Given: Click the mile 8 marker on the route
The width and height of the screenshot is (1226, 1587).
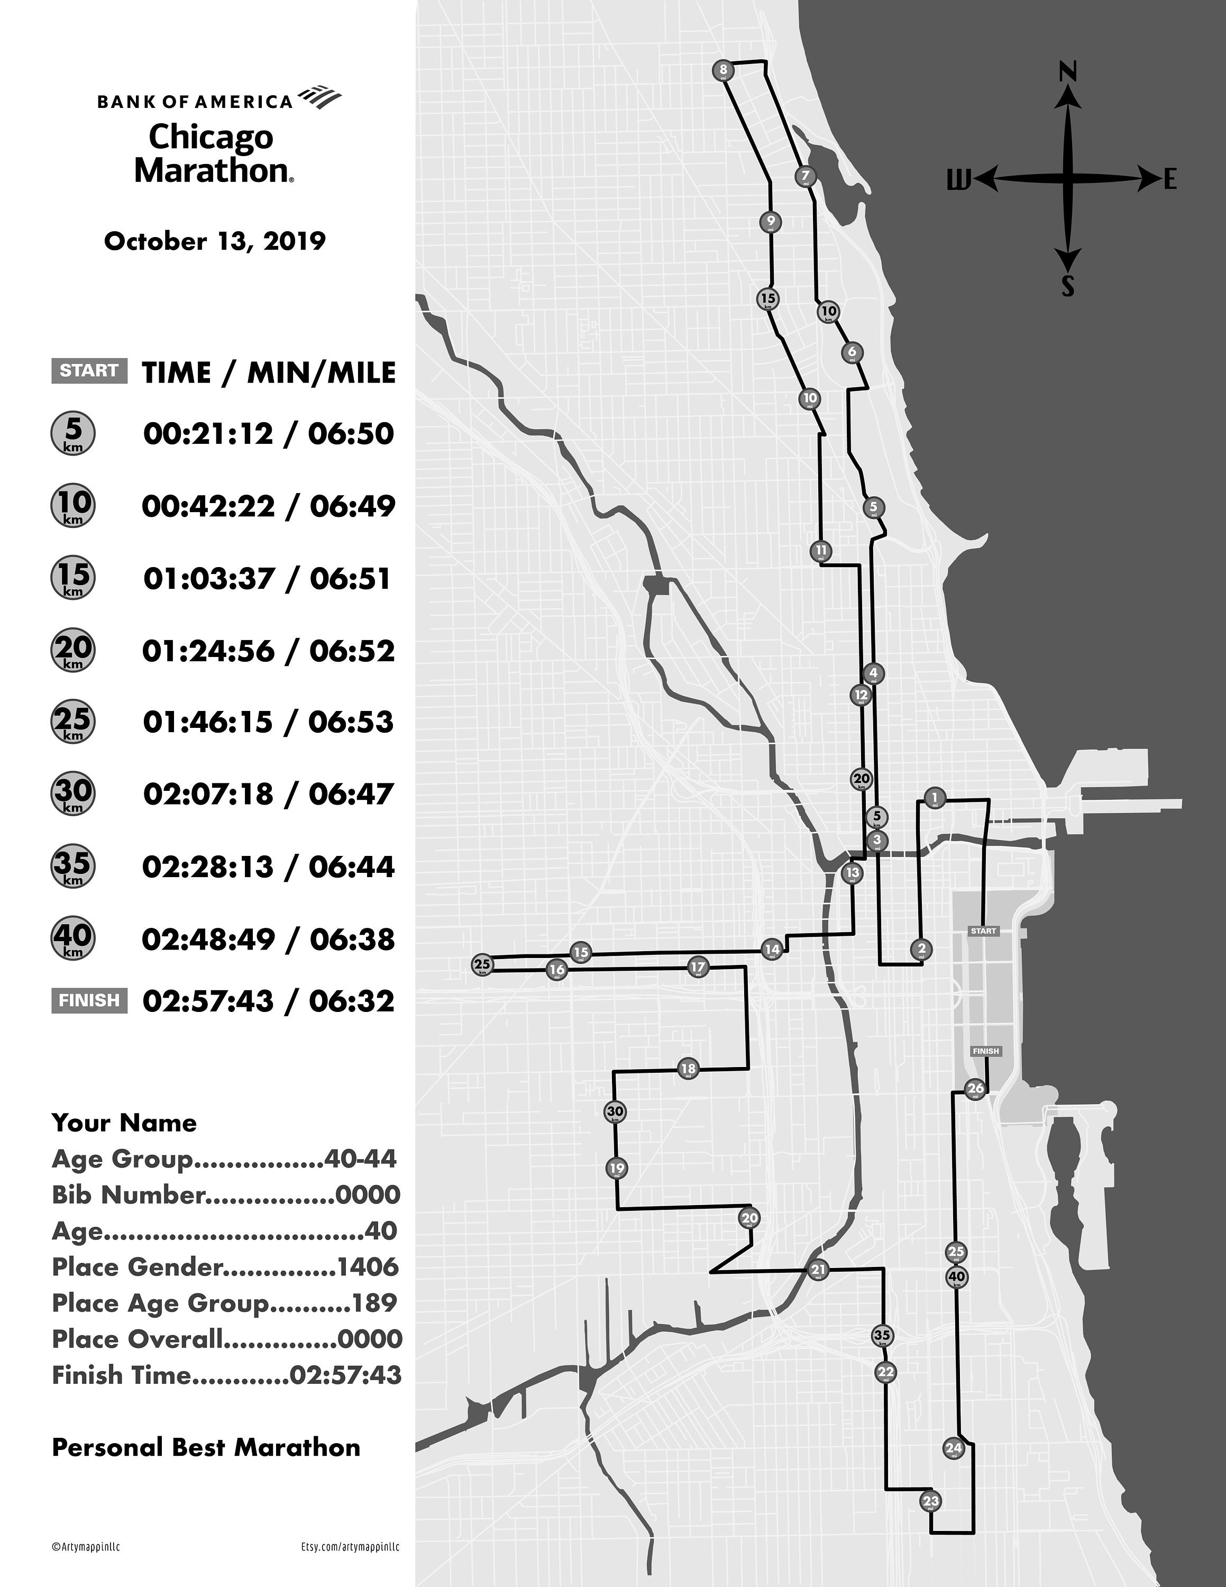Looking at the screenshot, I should (x=722, y=70).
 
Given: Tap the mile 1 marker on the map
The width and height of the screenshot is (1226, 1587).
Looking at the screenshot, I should (x=935, y=798).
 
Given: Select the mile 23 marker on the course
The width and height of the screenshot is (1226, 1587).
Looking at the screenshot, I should (x=930, y=1501).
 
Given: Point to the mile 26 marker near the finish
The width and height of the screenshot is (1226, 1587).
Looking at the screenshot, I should (x=975, y=1089).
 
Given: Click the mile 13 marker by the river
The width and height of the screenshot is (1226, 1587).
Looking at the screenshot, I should (x=852, y=873).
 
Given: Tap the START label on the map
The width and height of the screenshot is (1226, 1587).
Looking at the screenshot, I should (x=983, y=931).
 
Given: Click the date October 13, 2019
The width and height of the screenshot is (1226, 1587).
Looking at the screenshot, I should (x=215, y=241).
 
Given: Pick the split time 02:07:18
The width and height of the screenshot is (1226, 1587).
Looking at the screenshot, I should (x=209, y=794).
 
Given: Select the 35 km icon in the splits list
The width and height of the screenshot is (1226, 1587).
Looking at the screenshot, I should (x=72, y=865).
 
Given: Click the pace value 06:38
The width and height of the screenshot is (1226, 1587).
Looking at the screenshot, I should (x=352, y=940).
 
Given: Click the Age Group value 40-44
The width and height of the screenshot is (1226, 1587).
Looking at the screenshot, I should (x=360, y=1159).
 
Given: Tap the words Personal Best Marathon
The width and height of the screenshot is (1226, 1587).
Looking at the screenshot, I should (x=206, y=1447).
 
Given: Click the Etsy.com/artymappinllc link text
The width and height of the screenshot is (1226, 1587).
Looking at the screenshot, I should (x=350, y=1547).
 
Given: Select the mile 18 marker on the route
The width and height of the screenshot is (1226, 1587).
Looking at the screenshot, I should (x=688, y=1068).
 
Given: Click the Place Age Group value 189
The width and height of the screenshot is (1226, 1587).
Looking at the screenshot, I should (x=375, y=1303).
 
